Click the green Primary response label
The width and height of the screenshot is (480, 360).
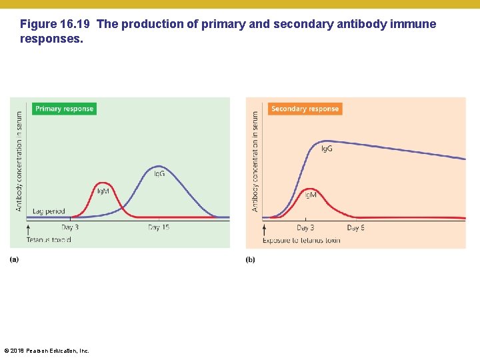[x=64, y=109]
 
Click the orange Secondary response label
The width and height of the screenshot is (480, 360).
[x=305, y=109]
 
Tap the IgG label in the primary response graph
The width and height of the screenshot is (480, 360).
[x=160, y=173]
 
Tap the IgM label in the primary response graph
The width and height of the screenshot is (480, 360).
[x=103, y=191]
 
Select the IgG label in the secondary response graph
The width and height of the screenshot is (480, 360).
[x=327, y=148]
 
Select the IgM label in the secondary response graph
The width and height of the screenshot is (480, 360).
[x=311, y=195]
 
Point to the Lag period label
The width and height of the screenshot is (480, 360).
[x=48, y=211]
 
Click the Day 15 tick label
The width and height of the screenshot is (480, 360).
[x=159, y=228]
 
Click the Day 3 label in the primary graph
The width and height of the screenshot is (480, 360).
[x=70, y=228]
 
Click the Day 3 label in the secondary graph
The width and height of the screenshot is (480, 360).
[x=305, y=228]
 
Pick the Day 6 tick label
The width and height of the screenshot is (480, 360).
[x=356, y=228]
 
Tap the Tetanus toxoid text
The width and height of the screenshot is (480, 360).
[x=49, y=239]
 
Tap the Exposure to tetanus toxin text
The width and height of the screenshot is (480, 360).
[x=301, y=240]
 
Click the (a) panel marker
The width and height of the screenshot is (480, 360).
[x=14, y=259]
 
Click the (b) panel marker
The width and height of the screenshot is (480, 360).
[x=250, y=259]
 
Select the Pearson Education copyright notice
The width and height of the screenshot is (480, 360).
[x=47, y=351]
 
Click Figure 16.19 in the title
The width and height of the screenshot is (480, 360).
[x=56, y=25]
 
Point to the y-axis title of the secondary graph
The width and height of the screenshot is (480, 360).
[x=255, y=161]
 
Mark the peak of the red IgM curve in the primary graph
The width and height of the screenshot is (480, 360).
[x=102, y=183]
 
